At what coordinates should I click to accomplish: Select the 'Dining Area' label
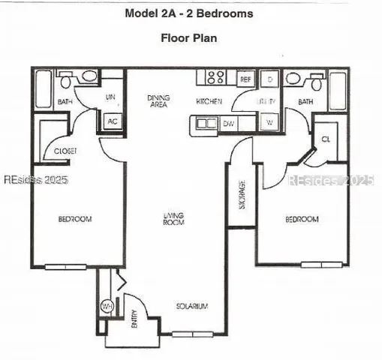(158, 101)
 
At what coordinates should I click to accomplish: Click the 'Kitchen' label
(208, 101)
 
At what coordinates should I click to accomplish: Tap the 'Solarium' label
(191, 307)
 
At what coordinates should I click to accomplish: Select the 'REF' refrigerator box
(245, 78)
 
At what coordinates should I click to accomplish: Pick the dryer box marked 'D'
(269, 79)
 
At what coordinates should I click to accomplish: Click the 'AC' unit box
(113, 121)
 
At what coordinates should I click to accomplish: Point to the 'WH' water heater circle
(107, 306)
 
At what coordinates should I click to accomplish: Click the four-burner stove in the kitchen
(215, 76)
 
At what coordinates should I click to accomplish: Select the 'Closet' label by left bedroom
(65, 151)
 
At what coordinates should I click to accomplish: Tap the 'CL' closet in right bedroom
(325, 139)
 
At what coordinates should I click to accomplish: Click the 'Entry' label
(135, 322)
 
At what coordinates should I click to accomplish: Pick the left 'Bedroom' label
(74, 219)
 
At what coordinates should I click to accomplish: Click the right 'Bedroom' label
(302, 219)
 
